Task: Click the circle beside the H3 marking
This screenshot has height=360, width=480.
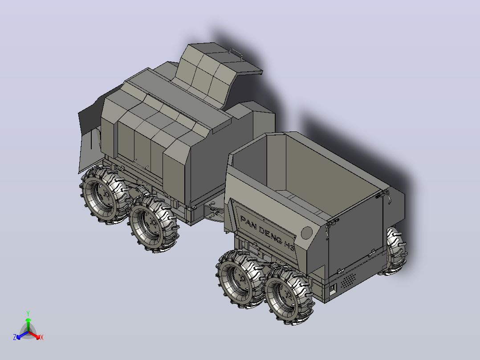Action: (x=306, y=233)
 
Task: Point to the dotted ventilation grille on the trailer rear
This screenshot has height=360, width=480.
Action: (x=349, y=280)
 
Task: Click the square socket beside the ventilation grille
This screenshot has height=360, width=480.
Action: (x=333, y=289)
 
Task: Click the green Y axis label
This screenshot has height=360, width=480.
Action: (x=28, y=313)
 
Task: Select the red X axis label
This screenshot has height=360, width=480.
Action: (x=42, y=337)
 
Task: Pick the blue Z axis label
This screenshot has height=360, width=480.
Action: (x=15, y=337)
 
